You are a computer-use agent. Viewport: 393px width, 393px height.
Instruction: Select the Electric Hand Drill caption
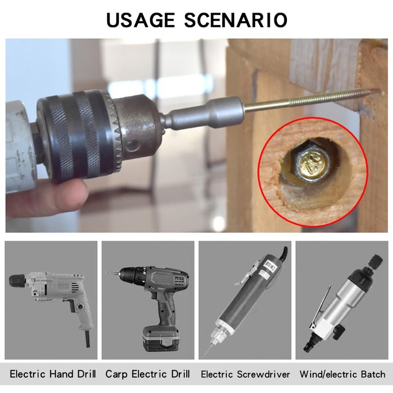pyautogui.click(x=53, y=374)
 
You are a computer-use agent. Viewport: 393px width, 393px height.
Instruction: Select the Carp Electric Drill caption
pyautogui.click(x=147, y=374)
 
